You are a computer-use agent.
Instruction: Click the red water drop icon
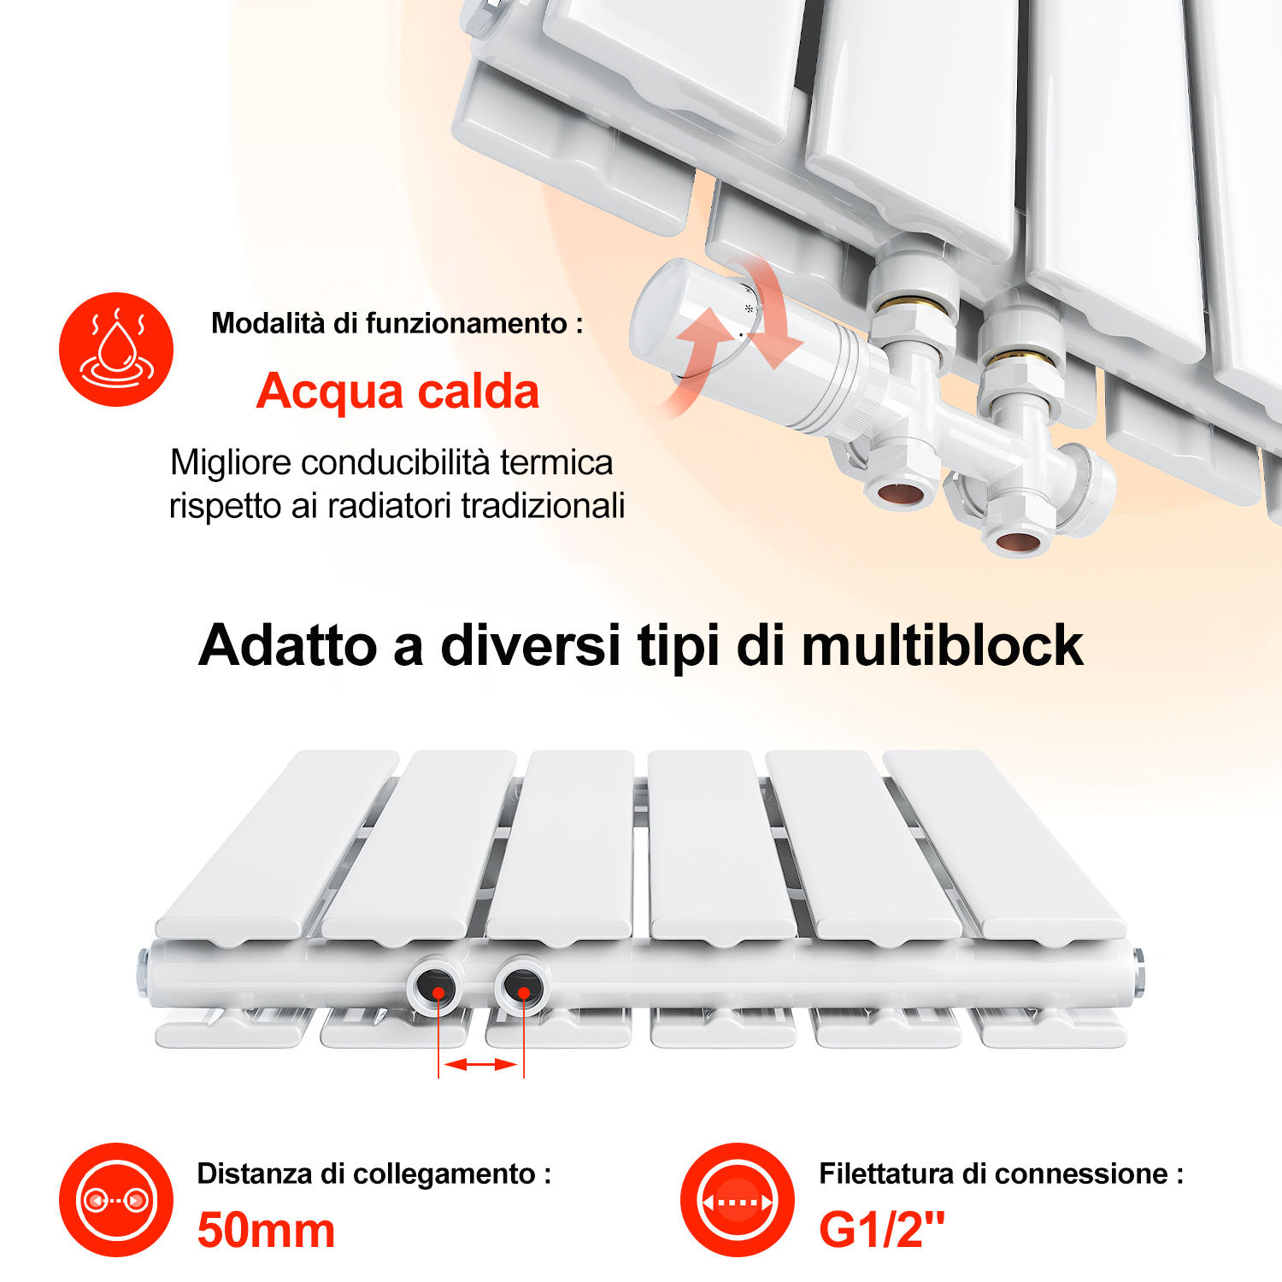pos(116,350)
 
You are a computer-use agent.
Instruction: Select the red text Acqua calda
pos(397,391)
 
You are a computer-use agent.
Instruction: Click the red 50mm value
pos(266,1231)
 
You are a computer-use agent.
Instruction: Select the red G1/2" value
pos(882,1230)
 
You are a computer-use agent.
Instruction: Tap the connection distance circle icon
pos(116,1200)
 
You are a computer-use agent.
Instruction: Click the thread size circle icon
pos(738,1200)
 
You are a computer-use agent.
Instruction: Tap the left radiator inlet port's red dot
pos(438,993)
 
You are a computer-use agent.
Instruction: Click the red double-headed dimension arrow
pos(481,1064)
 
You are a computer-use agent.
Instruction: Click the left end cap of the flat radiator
pos(143,973)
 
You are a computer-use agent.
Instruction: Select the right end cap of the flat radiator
pos(1138,972)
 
